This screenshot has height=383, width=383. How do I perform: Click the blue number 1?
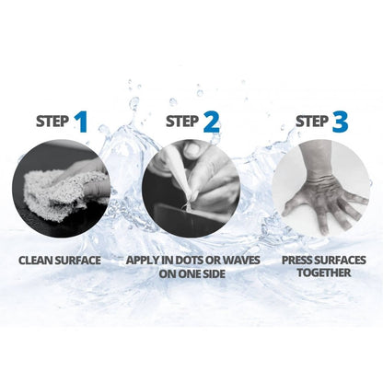click(81, 122)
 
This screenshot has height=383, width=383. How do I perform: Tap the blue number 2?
click(212, 122)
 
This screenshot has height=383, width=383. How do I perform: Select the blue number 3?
click(340, 122)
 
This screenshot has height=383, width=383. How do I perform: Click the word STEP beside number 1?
click(52, 122)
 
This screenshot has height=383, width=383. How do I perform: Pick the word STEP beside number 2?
click(182, 122)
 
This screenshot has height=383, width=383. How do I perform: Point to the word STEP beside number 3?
click(312, 122)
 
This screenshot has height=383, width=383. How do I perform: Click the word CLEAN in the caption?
click(36, 261)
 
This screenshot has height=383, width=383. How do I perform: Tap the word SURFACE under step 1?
click(78, 261)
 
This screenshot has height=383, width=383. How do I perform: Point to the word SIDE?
click(213, 273)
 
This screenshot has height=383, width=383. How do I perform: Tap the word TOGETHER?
click(324, 273)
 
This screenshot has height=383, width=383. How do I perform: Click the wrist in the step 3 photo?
click(318, 173)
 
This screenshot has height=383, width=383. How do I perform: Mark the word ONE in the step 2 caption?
click(186, 273)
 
